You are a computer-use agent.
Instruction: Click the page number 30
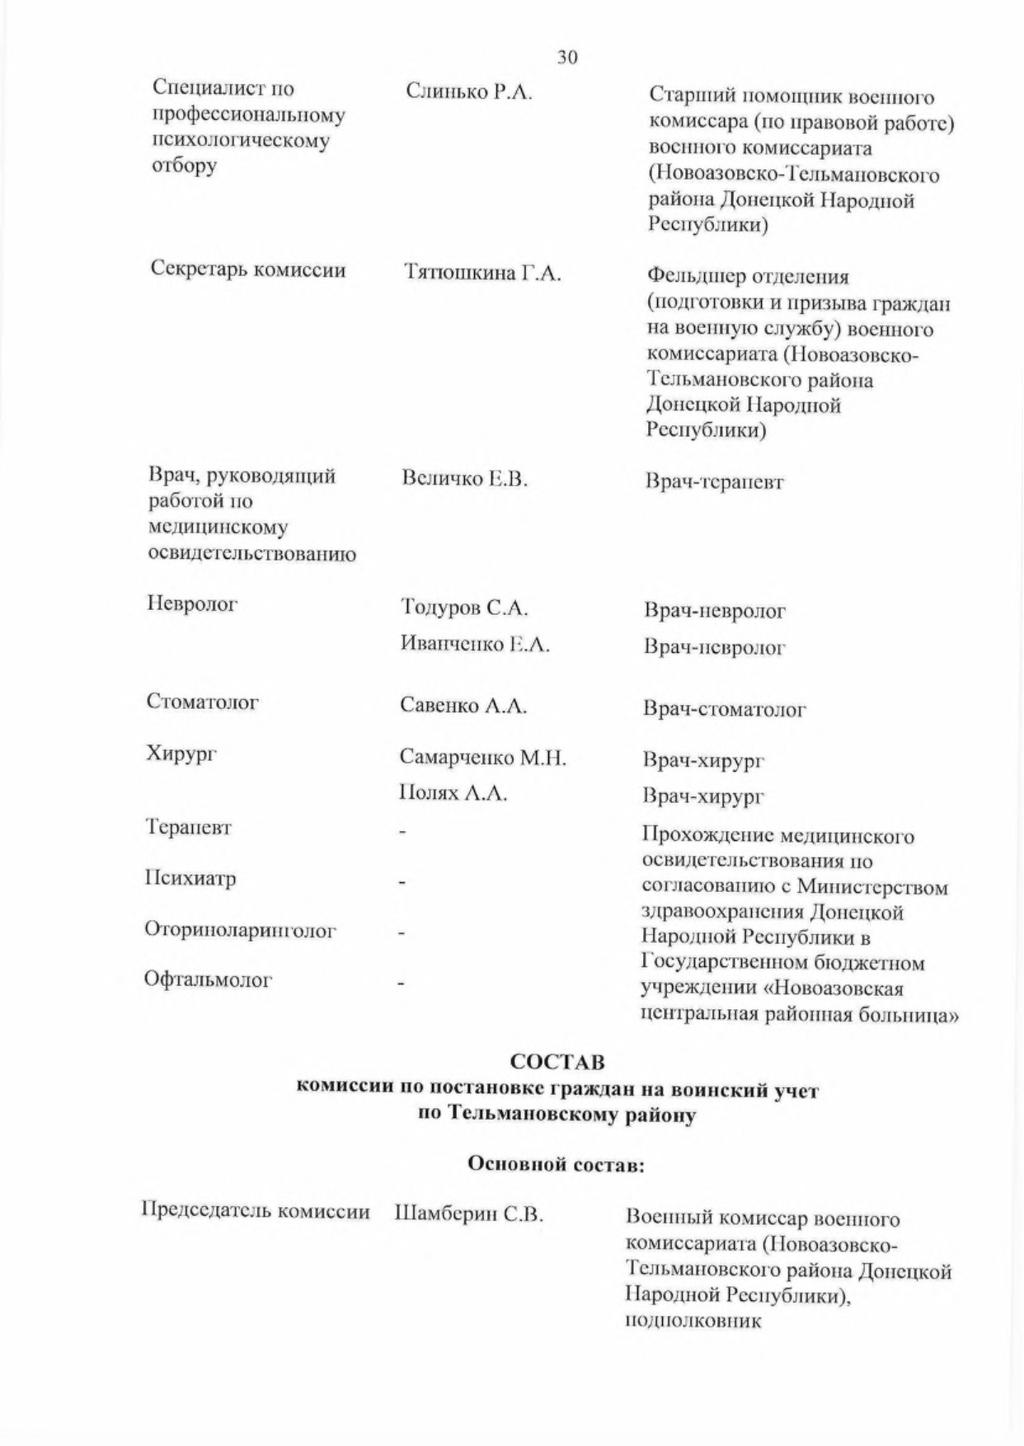coord(567,57)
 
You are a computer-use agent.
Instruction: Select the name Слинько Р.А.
coord(469,92)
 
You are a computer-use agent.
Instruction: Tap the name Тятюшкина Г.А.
coord(482,274)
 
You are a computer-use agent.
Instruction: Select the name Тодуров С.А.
coord(464,608)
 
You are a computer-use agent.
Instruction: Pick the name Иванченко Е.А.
coord(475,644)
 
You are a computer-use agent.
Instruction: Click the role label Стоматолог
coord(203,702)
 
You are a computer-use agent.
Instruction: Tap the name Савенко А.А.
coord(463,706)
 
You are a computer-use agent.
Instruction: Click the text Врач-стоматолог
coord(724,709)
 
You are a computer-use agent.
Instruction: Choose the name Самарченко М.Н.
coord(483,758)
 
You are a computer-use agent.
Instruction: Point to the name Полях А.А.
coord(453,793)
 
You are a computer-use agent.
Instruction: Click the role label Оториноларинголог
coord(241,930)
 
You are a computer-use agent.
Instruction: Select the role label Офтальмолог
coord(208,980)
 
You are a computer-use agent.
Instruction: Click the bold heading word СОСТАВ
coord(557,1062)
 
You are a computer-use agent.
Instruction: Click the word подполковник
coord(693,1321)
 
